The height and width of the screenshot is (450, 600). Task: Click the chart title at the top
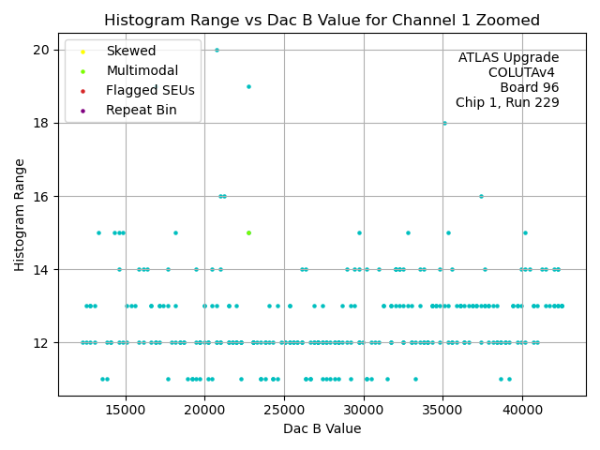(x=322, y=20)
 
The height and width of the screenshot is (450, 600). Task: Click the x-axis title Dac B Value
(x=322, y=428)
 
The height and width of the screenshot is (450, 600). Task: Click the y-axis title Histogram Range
(x=20, y=215)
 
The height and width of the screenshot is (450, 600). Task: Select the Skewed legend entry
(x=131, y=51)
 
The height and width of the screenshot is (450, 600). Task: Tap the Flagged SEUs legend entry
(x=150, y=90)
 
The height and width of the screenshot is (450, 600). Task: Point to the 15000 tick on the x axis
(x=126, y=410)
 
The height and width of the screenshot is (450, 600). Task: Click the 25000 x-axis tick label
(x=285, y=410)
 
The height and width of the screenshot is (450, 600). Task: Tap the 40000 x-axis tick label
(x=523, y=410)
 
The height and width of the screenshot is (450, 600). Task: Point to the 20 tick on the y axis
(x=43, y=49)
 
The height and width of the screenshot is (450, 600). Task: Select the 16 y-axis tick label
(x=43, y=196)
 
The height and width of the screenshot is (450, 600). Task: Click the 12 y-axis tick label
(x=43, y=343)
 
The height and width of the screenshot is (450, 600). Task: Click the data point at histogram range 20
(x=217, y=50)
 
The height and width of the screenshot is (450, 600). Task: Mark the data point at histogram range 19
(x=248, y=86)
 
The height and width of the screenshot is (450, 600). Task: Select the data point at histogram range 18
(x=444, y=123)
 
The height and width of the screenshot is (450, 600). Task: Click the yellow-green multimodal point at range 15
(x=248, y=232)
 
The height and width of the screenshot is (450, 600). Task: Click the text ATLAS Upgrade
(x=508, y=57)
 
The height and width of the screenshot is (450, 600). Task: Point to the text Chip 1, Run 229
(x=507, y=102)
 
